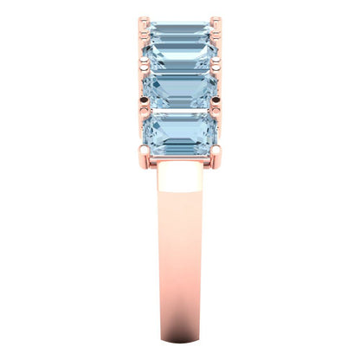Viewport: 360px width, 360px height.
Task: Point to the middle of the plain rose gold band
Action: click(180, 268)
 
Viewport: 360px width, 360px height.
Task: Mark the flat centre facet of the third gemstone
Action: click(180, 89)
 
